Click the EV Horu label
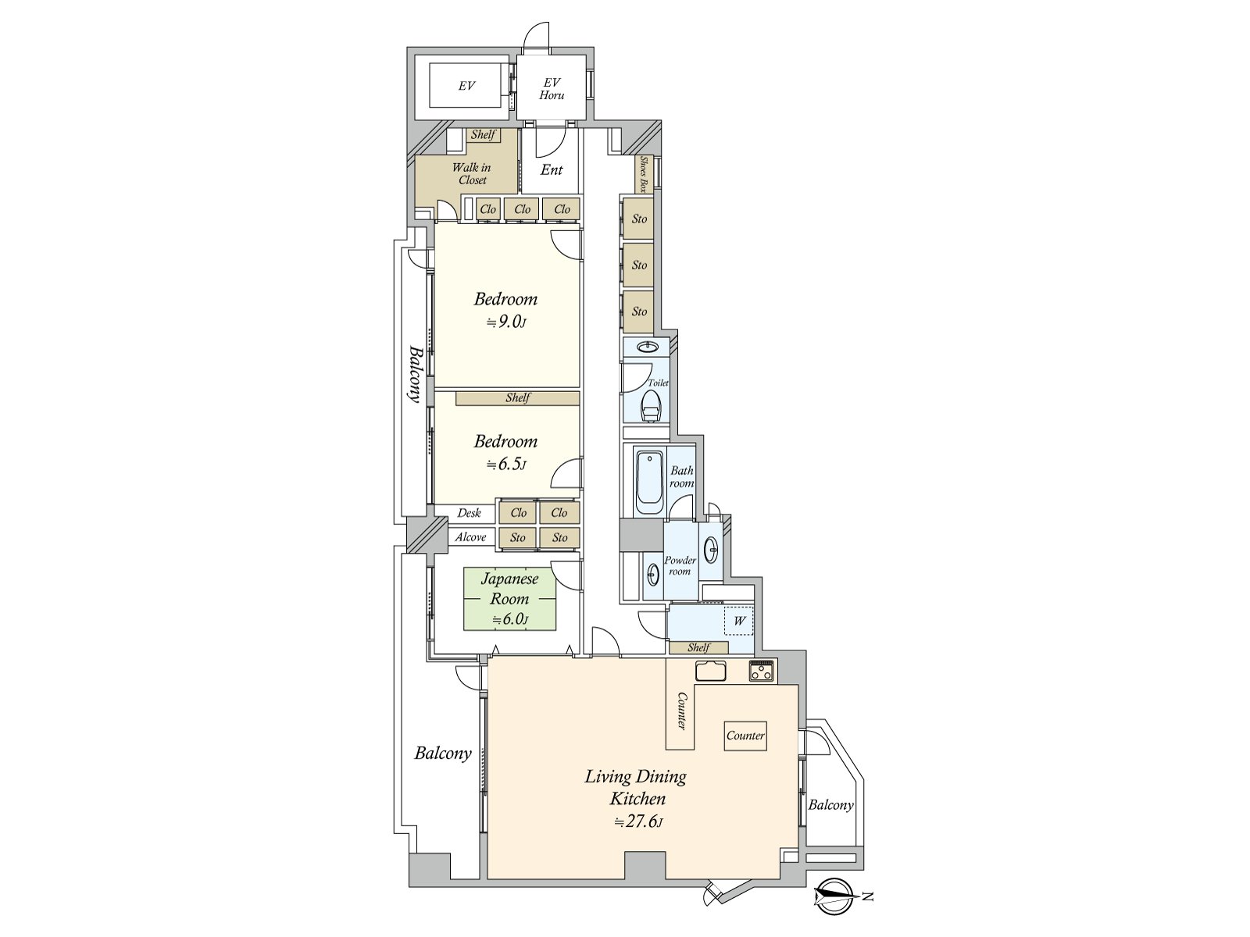pyautogui.click(x=552, y=88)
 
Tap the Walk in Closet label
pyautogui.click(x=471, y=173)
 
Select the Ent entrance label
pyautogui.click(x=552, y=169)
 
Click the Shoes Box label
pyautogui.click(x=644, y=175)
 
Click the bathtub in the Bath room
pyautogui.click(x=648, y=481)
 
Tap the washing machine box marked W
pyautogui.click(x=739, y=622)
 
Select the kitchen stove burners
pyautogui.click(x=762, y=671)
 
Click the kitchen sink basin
pyautogui.click(x=710, y=671)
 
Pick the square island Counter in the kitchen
pyautogui.click(x=745, y=736)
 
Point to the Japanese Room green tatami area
pyautogui.click(x=509, y=599)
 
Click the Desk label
pyautogui.click(x=469, y=513)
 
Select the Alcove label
pyautogui.click(x=470, y=537)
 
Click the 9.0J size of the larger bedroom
pyautogui.click(x=506, y=322)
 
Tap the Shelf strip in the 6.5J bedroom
pyautogui.click(x=517, y=398)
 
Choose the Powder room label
pyautogui.click(x=680, y=565)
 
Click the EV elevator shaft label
pyautogui.click(x=466, y=86)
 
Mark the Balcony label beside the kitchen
pyautogui.click(x=830, y=805)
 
